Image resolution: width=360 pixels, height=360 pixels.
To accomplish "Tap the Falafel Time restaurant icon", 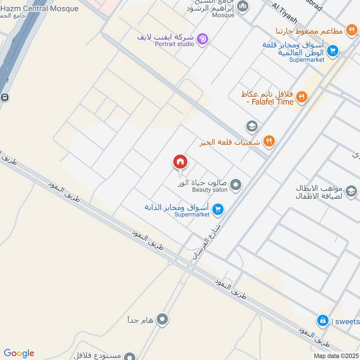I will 302,97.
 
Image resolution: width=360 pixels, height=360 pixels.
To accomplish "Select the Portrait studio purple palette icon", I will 203,40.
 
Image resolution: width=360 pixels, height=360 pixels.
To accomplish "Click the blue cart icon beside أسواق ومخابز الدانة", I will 218,209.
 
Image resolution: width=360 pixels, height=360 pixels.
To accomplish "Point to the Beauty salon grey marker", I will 235,184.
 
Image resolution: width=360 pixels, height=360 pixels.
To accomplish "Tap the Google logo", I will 19,353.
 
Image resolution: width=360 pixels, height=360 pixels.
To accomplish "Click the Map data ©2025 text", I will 336,355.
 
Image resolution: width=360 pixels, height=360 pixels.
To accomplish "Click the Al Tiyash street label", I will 284,13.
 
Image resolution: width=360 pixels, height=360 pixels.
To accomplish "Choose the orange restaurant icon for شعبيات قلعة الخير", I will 269,141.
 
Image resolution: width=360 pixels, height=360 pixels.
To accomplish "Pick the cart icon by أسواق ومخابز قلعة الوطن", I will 333,50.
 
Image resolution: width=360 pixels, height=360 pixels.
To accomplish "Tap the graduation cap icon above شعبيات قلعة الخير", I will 252,126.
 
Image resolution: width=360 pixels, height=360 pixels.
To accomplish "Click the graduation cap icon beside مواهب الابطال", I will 351,191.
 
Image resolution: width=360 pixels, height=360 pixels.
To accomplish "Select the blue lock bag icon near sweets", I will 322,321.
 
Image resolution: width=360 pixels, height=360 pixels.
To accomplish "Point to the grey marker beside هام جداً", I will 163,320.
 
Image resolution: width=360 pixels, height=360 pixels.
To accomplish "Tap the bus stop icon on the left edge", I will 4,97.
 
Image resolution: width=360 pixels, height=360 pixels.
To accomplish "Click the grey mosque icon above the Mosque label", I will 243,6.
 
